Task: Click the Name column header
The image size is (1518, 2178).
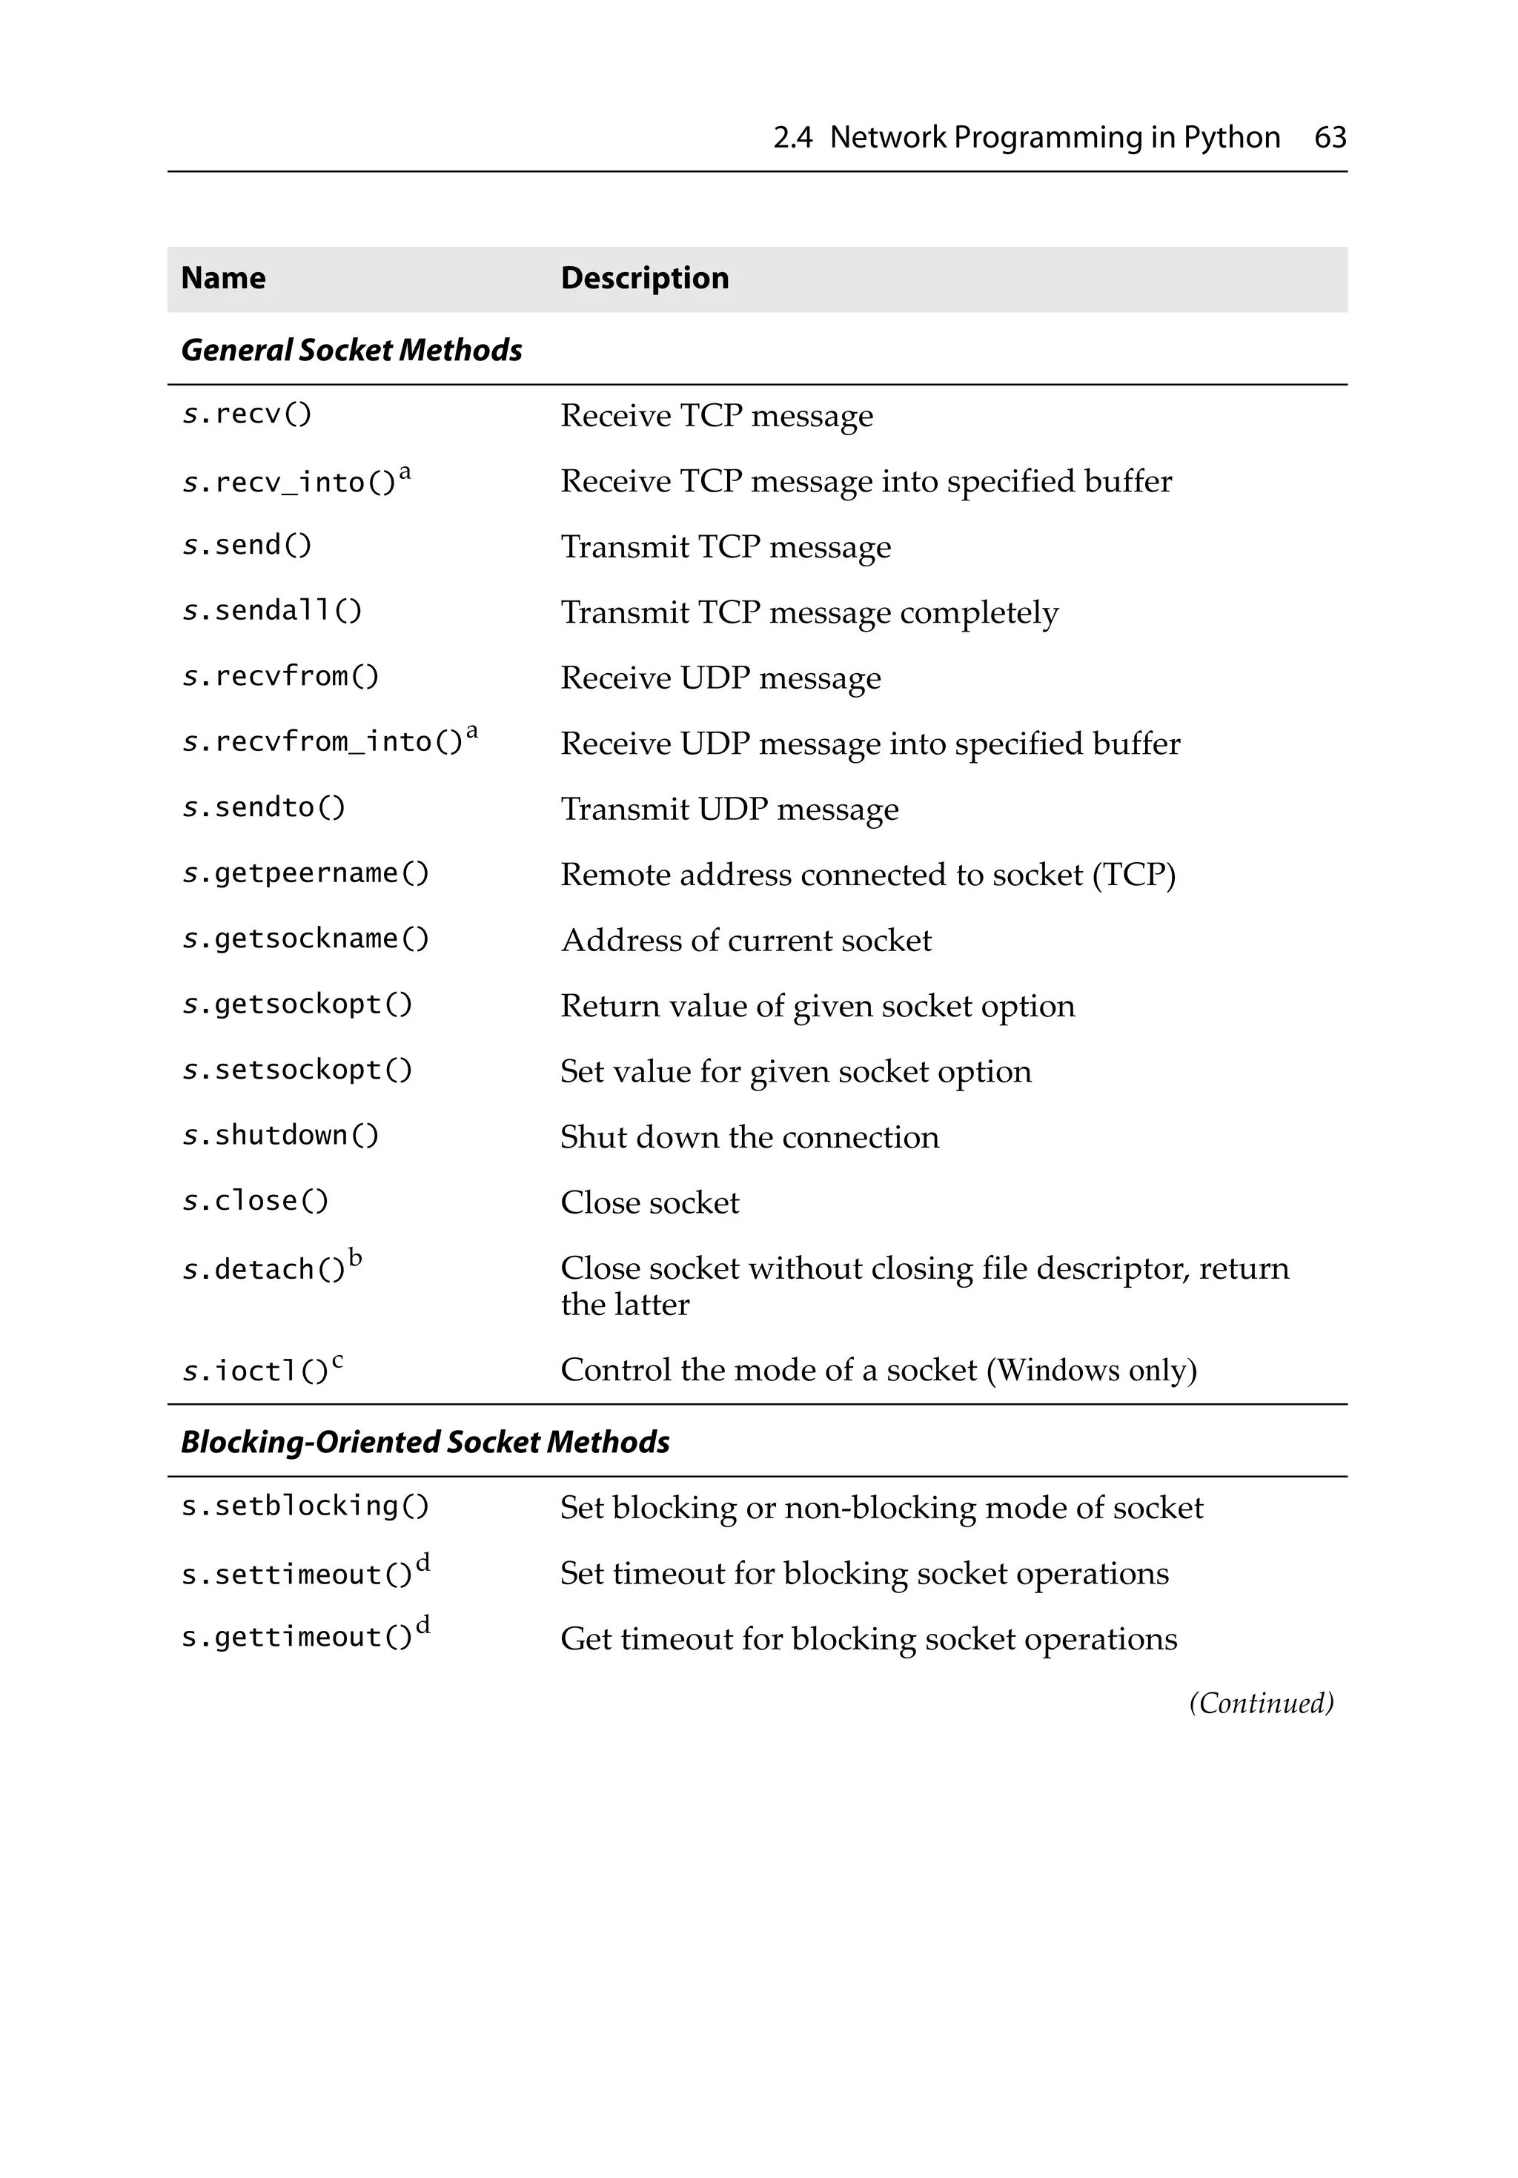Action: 223,278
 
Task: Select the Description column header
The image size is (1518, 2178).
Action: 644,278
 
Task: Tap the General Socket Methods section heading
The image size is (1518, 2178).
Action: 351,350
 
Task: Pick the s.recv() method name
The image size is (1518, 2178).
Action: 247,414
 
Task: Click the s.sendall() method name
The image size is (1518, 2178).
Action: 271,611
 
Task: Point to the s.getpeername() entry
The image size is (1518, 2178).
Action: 305,873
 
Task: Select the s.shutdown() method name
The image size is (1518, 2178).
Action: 280,1136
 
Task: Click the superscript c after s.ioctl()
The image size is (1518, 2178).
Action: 338,1361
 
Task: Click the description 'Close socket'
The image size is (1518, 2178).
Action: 649,1203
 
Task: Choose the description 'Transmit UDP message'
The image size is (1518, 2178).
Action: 729,810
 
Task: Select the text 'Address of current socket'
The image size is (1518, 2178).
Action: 746,940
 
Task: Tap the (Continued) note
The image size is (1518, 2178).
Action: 1261,1703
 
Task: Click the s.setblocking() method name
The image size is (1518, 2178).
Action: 305,1506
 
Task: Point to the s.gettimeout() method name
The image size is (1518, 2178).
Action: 296,1638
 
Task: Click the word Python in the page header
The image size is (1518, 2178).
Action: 1230,138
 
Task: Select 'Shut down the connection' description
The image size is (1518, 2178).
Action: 749,1137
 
